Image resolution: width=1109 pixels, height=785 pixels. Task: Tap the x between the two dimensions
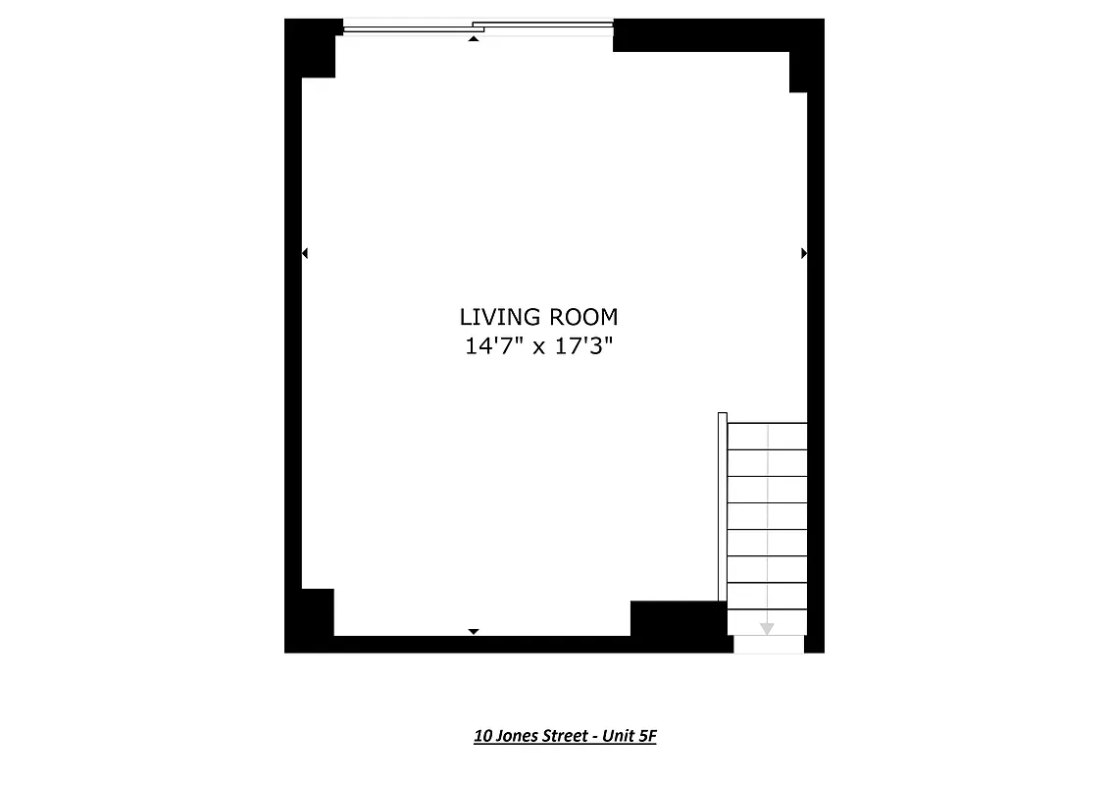[x=538, y=348]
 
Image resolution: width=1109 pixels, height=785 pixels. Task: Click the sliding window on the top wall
[x=478, y=27]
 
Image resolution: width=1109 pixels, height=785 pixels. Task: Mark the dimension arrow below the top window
[x=474, y=39]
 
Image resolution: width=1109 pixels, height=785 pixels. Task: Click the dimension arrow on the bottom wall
[x=474, y=631]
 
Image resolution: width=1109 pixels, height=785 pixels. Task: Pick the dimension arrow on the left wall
[x=305, y=253]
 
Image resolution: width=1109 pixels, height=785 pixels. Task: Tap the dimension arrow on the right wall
[x=804, y=253]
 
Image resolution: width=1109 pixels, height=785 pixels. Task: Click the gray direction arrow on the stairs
[x=767, y=628]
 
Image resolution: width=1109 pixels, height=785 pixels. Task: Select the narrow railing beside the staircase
[x=723, y=506]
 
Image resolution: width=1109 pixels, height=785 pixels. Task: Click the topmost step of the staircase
[x=767, y=437]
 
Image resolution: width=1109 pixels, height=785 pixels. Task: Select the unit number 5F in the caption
[x=646, y=736]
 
